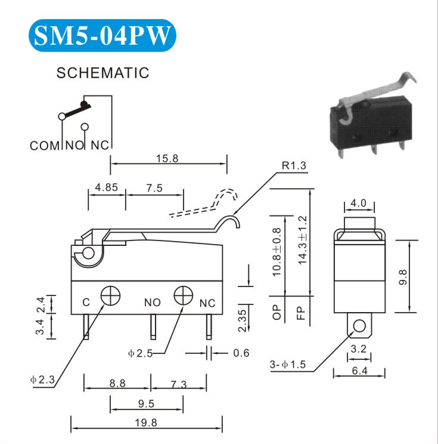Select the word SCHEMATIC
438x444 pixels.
(x=102, y=73)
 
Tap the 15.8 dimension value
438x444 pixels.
(x=167, y=159)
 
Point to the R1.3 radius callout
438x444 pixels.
(x=294, y=166)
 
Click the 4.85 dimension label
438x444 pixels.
(x=107, y=187)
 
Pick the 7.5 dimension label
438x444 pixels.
(x=154, y=187)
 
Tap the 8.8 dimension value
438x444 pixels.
(x=117, y=384)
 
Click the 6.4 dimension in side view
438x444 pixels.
(x=359, y=371)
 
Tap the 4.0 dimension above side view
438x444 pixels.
(x=359, y=203)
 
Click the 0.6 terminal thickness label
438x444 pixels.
(x=241, y=353)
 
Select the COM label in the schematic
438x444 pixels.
(x=42, y=145)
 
